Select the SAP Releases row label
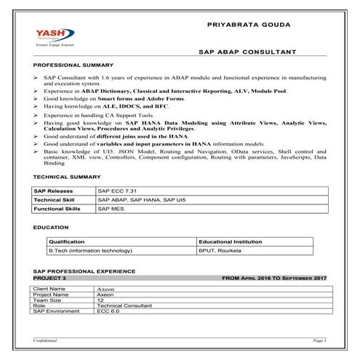pos(53,190)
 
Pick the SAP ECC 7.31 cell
pos(117,190)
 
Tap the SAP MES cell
pos(111,208)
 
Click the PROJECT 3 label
pos(50,278)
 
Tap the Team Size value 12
pos(100,300)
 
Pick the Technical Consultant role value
pos(121,305)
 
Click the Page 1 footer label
pos(319,340)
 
